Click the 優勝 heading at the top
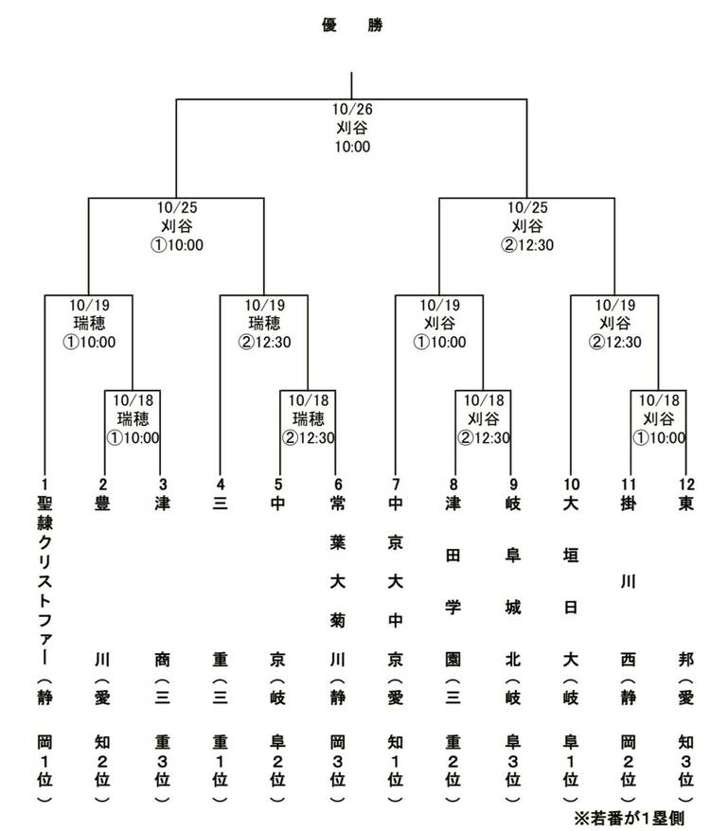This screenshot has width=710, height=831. coord(352,26)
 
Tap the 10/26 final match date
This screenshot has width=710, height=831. coord(352,109)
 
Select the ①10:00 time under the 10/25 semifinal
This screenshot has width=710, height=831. coord(177,244)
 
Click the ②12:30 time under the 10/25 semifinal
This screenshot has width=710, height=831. coord(527,244)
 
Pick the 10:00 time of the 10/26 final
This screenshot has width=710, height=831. coord(352,147)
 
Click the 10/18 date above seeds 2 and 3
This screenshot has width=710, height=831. coord(133,399)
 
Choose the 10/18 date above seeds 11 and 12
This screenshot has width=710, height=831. coord(659,399)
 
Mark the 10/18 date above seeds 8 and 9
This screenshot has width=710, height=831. coord(483,399)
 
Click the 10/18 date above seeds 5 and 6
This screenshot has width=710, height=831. coord(308,399)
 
